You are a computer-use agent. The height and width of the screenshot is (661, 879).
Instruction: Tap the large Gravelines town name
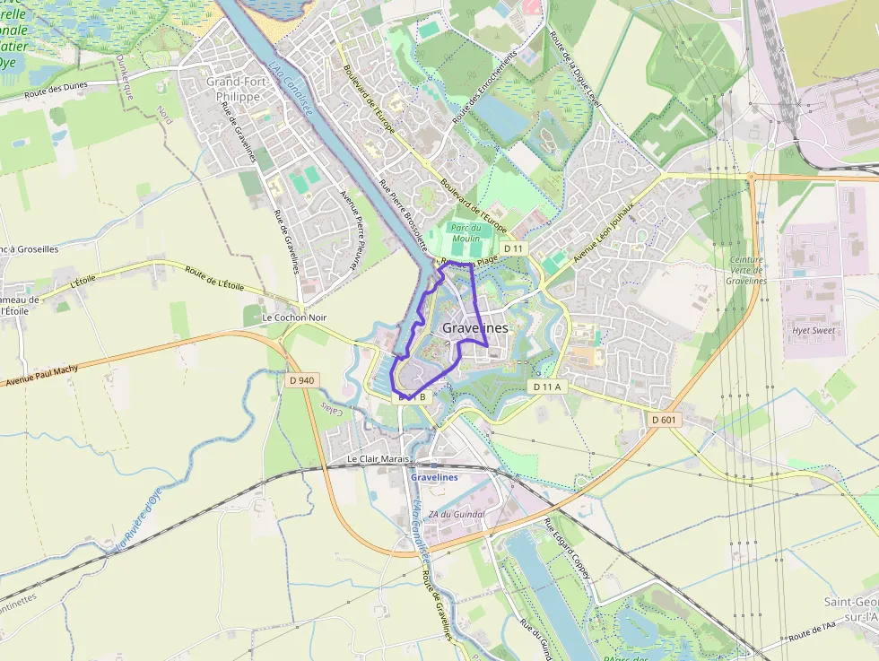(x=475, y=328)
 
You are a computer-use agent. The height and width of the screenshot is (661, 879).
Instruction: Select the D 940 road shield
(x=303, y=380)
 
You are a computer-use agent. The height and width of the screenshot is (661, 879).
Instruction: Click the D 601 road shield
(x=665, y=419)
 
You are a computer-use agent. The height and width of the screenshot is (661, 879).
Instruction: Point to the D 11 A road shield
(x=546, y=387)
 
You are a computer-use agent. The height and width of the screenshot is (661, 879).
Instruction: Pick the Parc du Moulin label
(x=466, y=233)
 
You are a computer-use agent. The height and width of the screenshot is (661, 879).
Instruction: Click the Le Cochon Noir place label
(x=294, y=317)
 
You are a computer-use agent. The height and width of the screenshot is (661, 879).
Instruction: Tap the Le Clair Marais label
(x=379, y=459)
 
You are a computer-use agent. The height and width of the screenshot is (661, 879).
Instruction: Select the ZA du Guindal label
(x=457, y=514)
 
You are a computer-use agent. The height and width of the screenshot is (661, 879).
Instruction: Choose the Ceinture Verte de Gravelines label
(x=747, y=270)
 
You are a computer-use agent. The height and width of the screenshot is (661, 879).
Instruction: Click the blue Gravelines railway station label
(x=434, y=477)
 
